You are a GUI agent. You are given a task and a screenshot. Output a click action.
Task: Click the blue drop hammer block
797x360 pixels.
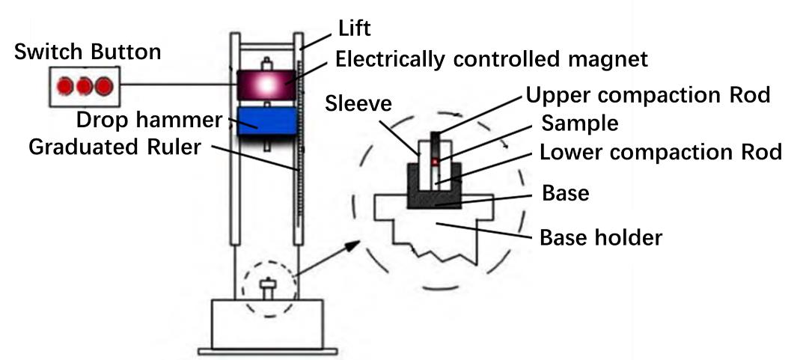click(267, 121)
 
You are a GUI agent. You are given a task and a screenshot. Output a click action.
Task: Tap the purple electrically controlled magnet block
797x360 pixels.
click(266, 85)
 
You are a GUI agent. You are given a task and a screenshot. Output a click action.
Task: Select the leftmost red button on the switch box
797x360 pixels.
click(64, 86)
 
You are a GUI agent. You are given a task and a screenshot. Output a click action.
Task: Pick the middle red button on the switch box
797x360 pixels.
click(84, 86)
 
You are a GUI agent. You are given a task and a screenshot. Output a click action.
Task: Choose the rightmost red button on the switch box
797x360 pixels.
click(104, 86)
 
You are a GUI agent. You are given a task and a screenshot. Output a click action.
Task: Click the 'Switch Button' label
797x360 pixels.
click(88, 52)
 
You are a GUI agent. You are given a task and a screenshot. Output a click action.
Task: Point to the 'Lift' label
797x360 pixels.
click(354, 28)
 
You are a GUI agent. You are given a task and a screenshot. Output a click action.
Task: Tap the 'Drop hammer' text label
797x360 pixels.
click(150, 120)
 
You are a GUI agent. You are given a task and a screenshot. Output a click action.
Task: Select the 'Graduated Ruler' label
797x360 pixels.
click(115, 147)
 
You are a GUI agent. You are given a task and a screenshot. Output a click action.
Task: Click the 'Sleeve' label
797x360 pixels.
click(358, 104)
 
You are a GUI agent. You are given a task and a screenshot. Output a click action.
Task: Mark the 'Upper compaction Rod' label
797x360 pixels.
click(648, 94)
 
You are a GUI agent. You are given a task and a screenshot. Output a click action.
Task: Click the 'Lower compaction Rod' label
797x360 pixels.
click(660, 152)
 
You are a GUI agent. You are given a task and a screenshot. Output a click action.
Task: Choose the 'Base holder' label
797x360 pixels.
click(601, 237)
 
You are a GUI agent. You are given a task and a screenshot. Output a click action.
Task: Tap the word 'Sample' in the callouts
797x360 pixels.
click(580, 123)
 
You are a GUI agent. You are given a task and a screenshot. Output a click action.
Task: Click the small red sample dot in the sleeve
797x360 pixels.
click(435, 162)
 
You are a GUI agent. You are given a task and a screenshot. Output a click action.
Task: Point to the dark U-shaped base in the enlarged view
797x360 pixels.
click(434, 198)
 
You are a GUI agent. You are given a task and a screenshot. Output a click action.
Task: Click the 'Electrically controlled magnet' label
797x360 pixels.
click(492, 59)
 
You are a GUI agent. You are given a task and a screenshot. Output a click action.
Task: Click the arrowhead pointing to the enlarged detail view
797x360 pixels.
click(353, 246)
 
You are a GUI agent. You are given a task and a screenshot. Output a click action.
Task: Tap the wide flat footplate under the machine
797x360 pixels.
click(267, 351)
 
